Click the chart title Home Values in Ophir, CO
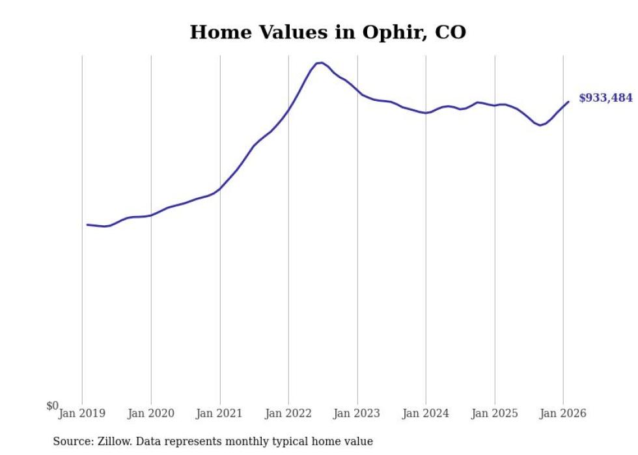click(x=327, y=32)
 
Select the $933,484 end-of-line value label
click(x=605, y=98)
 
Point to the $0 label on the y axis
click(x=52, y=406)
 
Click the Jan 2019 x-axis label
click(x=82, y=413)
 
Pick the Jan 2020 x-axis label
click(x=151, y=413)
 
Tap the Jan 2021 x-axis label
click(x=220, y=413)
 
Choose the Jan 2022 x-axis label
click(x=288, y=413)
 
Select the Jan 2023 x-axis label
click(x=357, y=413)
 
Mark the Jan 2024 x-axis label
click(x=426, y=413)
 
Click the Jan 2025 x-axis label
click(x=495, y=413)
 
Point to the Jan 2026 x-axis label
click(x=564, y=413)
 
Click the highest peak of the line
click(x=320, y=62)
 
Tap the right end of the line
click(x=568, y=101)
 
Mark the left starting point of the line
click(x=87, y=225)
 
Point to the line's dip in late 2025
click(x=540, y=125)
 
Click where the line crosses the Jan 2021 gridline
click(x=220, y=189)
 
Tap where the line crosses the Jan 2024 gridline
click(x=426, y=113)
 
